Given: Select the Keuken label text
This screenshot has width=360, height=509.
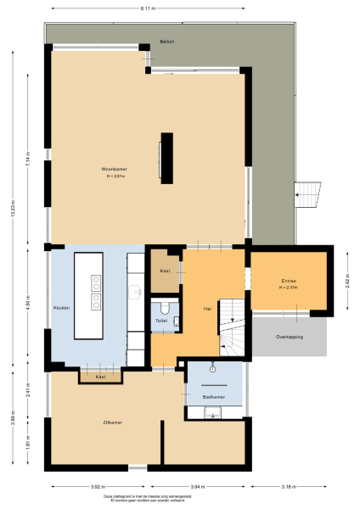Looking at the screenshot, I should tap(60, 307).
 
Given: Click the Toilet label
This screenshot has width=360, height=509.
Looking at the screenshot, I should tap(160, 321).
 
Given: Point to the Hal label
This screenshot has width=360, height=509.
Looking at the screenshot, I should tap(206, 308).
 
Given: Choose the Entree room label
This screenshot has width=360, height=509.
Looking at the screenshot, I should tap(289, 282).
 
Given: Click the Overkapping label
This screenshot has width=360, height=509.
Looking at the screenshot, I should tap(289, 337).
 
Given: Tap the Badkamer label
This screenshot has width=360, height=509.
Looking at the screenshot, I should tap(213, 397).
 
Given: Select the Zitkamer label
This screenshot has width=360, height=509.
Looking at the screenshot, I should tap(113, 422).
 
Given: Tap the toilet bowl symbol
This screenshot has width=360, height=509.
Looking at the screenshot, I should tap(166, 307).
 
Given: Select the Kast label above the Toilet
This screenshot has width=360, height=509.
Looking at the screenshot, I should tap(165, 271).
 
